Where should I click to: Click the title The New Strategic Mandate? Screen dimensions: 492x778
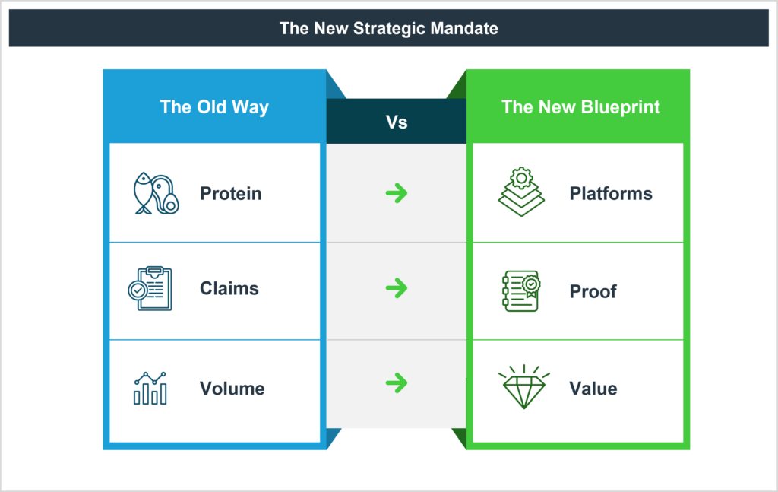click(x=388, y=28)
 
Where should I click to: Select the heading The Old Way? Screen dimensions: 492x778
click(x=214, y=106)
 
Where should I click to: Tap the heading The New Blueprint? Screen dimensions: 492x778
click(x=580, y=106)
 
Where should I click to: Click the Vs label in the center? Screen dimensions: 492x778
click(x=397, y=122)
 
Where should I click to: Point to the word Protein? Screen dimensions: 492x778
click(x=230, y=194)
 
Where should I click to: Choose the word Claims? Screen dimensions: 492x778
click(x=229, y=289)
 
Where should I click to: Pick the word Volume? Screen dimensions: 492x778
click(x=232, y=389)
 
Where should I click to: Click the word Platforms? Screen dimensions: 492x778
click(x=610, y=194)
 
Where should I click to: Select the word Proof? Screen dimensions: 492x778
click(x=593, y=291)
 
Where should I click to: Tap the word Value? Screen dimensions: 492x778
click(x=593, y=389)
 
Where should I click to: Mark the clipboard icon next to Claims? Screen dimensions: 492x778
click(x=150, y=288)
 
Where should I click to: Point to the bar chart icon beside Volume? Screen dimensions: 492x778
click(x=150, y=388)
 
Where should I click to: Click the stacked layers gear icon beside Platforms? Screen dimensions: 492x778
click(x=521, y=192)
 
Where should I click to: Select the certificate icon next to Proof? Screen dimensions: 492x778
click(x=521, y=290)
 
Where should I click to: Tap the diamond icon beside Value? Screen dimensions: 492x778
click(x=523, y=388)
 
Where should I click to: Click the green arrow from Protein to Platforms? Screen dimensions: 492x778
click(x=396, y=194)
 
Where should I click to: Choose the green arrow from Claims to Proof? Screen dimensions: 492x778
click(x=396, y=288)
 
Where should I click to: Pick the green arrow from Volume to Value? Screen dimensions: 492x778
click(x=396, y=382)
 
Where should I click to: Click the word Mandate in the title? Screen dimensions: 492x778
click(x=465, y=28)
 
